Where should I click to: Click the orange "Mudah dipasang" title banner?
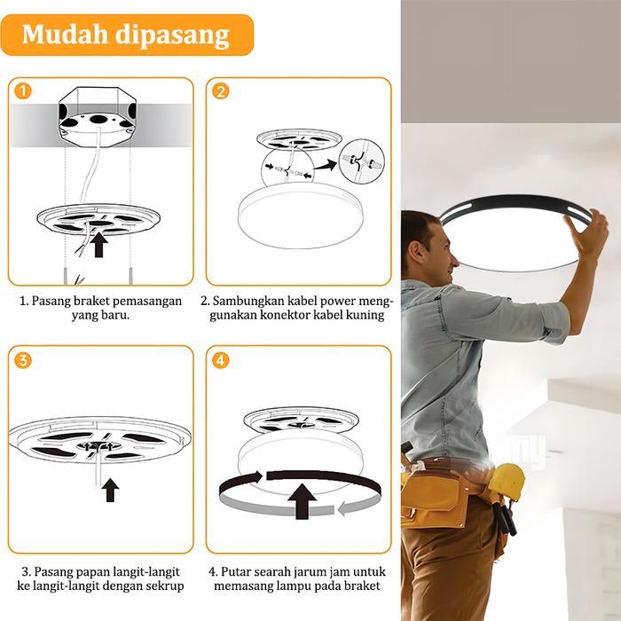tap(126, 35)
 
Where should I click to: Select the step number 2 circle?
tap(221, 90)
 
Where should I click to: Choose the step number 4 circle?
tap(221, 360)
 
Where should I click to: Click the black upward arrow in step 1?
tap(99, 244)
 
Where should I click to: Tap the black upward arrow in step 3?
tap(110, 490)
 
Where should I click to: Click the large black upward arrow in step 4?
tap(301, 501)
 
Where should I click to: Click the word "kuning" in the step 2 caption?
tap(366, 315)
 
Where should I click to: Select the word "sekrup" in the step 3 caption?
tap(164, 586)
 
